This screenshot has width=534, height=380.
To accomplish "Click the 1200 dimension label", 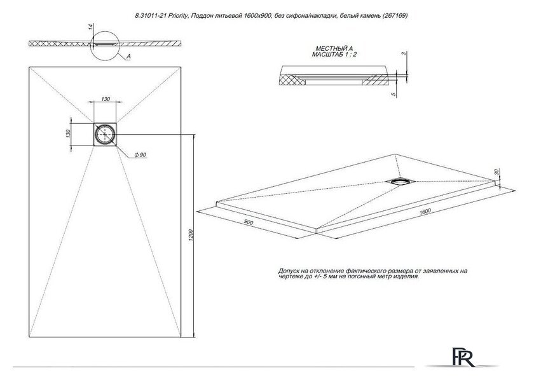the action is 191,235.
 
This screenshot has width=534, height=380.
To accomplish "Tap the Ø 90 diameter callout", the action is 140,155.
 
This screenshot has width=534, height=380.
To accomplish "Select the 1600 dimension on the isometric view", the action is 425,211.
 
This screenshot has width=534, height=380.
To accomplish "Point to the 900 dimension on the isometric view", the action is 249,222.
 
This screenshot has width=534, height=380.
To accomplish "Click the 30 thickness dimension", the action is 496,172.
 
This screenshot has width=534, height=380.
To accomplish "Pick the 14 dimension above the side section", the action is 90,27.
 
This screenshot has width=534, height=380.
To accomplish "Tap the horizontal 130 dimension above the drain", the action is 106,99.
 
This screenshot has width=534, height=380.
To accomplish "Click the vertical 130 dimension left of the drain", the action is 68,134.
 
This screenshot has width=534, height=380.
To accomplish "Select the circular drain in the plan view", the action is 105,135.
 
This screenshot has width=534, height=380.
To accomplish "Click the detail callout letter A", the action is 128,57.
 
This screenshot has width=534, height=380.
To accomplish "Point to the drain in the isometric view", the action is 400,182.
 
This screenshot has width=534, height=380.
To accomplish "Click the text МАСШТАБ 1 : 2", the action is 334,55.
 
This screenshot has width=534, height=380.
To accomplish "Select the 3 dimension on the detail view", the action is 403,53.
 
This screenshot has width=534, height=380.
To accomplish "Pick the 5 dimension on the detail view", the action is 394,95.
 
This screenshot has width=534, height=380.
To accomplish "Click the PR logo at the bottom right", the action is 463,357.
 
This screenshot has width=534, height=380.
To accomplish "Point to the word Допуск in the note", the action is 289,271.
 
